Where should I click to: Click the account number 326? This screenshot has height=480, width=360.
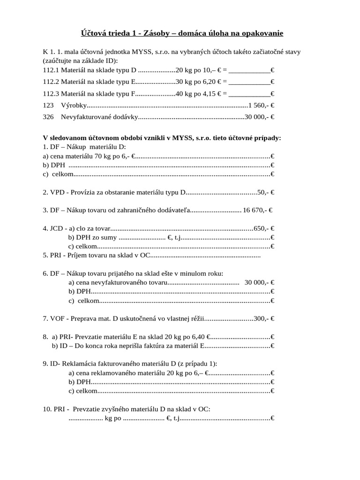click(x=48, y=117)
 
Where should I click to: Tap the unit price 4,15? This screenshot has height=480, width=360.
click(x=209, y=94)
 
